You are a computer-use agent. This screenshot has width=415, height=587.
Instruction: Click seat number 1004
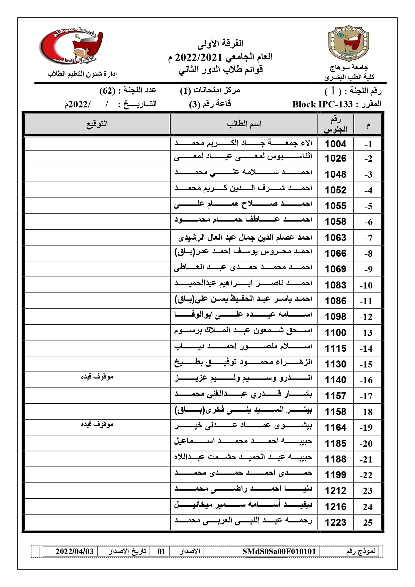pyautogui.click(x=335, y=144)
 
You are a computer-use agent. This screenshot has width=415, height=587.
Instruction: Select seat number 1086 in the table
pyautogui.click(x=335, y=301)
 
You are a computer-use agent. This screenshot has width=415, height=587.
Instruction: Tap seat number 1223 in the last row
pyautogui.click(x=335, y=522)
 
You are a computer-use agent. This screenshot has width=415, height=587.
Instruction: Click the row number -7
pyautogui.click(x=368, y=238)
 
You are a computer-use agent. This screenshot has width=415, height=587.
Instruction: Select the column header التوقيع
pyautogui.click(x=97, y=124)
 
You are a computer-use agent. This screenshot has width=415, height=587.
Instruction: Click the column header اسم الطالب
pyautogui.click(x=244, y=124)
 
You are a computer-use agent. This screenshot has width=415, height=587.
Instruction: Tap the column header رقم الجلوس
pyautogui.click(x=335, y=124)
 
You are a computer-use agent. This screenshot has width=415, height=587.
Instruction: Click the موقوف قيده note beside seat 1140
pyautogui.click(x=97, y=377)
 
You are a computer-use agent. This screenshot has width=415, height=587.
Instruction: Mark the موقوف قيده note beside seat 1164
pyautogui.click(x=97, y=424)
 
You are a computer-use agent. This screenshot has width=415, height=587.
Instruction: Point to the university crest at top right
pyautogui.click(x=349, y=42)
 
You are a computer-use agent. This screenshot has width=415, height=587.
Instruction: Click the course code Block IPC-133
pyautogui.click(x=322, y=104)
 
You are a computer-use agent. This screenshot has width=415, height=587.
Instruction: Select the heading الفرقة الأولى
pyautogui.click(x=220, y=44)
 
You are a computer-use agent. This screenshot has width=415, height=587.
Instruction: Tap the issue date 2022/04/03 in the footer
pyautogui.click(x=75, y=551)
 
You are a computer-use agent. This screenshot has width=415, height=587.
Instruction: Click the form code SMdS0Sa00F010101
pyautogui.click(x=279, y=551)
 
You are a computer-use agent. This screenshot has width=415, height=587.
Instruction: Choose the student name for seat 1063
pyautogui.click(x=245, y=238)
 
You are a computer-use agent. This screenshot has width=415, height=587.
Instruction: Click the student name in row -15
pyautogui.click(x=243, y=362)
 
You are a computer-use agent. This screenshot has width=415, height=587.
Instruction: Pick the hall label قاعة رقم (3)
pyautogui.click(x=210, y=104)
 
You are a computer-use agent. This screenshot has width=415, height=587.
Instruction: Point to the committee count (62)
pyautogui.click(x=107, y=91)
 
